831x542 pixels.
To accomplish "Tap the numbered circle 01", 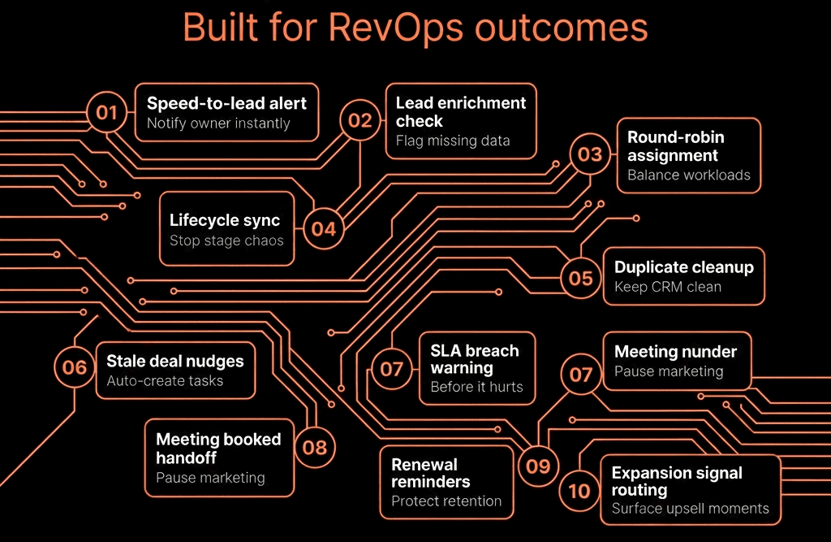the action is (106, 112).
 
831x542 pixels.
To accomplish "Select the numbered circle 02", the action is (360, 120).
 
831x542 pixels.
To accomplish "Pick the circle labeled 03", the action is (590, 154).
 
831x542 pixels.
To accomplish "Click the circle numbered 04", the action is (323, 229).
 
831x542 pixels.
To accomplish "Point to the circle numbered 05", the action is (580, 278).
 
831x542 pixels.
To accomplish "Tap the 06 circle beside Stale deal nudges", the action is (74, 367).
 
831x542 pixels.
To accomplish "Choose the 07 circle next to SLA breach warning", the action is (392, 369).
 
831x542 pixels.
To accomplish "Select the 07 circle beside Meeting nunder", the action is (581, 375).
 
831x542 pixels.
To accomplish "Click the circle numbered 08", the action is (314, 448).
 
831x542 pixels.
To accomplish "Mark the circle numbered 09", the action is (538, 466).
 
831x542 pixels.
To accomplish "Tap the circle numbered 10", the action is (579, 491).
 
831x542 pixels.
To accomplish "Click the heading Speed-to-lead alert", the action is (226, 103).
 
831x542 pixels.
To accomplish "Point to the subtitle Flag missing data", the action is (453, 141).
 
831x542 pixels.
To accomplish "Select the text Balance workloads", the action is (688, 175).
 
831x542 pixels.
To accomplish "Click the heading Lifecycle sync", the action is (225, 220).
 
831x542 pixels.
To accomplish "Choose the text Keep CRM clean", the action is (667, 287).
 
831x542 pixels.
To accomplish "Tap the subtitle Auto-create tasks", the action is (165, 380).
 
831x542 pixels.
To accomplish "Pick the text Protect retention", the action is (446, 501).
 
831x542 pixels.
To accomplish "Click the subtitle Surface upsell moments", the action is (690, 509).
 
